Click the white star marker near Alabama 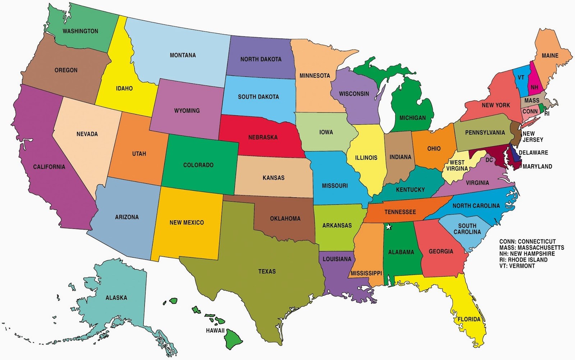coord(388,227)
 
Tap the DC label coord(489,160)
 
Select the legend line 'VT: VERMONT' coord(517,266)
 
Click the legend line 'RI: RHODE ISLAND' coord(523,260)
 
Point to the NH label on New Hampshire coord(534,87)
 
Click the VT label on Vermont coord(521,77)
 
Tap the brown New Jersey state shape coord(516,133)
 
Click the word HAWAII coord(215,331)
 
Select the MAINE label coord(550,56)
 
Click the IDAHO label coord(124,88)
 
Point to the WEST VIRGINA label coord(457,165)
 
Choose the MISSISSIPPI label coord(366,273)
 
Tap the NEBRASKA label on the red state coord(263,137)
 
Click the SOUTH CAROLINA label coord(467,229)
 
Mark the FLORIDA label coord(469,319)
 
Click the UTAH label coord(139,154)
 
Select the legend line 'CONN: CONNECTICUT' coord(527,241)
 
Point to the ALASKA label coord(116,298)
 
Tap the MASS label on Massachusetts coord(532,101)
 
